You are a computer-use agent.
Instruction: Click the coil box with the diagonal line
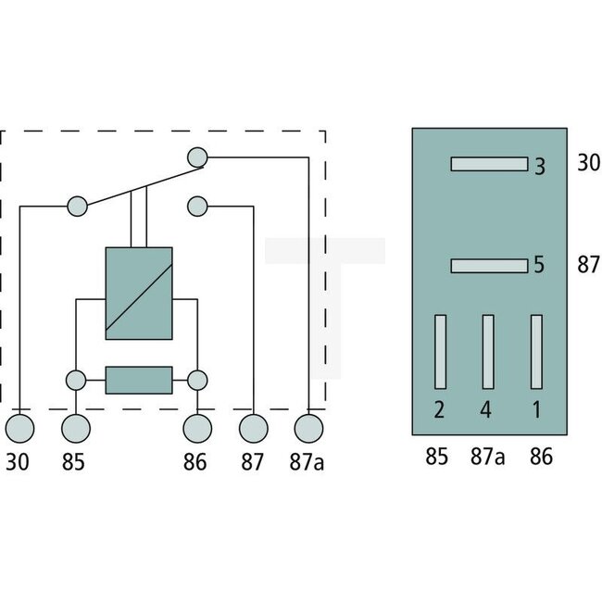139,293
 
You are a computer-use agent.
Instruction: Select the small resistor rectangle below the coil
139,380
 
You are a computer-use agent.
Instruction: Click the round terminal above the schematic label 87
253,429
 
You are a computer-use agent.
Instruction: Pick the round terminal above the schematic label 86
196,429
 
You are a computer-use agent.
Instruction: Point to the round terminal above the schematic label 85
76,429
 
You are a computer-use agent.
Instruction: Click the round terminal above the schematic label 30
20,429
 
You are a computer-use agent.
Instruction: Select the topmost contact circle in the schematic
196,157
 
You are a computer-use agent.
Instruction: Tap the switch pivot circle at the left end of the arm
76,205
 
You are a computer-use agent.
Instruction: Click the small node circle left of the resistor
76,380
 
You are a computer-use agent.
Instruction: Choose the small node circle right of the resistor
196,380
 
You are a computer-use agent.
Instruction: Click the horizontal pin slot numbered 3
488,165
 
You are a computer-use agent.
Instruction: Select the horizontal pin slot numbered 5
488,266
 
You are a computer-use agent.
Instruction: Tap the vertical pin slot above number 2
441,352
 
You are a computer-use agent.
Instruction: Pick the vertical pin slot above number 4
488,352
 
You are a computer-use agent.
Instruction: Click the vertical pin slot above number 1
535,352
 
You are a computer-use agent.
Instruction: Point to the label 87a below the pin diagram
488,457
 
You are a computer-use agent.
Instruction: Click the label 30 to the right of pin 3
588,163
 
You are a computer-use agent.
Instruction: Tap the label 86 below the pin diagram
541,457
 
